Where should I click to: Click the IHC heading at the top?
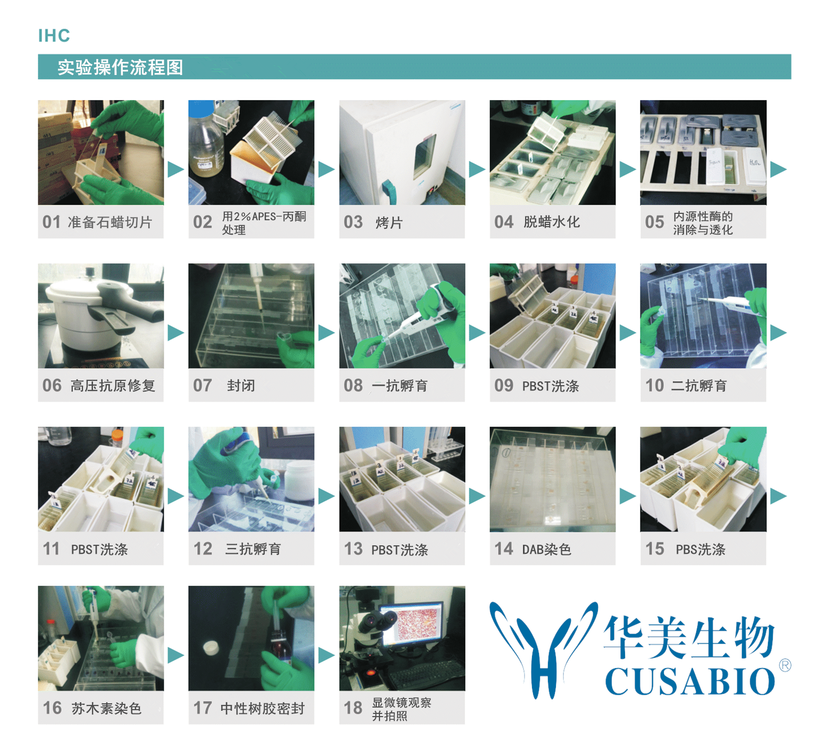point(54,36)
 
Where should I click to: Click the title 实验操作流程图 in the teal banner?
point(120,67)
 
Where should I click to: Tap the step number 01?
point(52,222)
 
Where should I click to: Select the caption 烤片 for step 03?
point(389,222)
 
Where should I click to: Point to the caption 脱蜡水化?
point(552,222)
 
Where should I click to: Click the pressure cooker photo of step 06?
point(101,316)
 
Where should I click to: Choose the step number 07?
point(202,385)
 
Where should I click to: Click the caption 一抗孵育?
point(400,386)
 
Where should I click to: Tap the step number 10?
point(654,385)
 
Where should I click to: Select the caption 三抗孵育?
point(253,549)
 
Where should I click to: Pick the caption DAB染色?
point(547,549)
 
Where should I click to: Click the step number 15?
point(654,548)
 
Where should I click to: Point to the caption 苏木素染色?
point(106,708)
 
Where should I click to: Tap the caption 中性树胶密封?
point(263,708)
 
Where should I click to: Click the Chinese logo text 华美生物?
point(689,637)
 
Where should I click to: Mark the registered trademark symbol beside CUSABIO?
point(785,665)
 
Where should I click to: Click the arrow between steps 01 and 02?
point(176,170)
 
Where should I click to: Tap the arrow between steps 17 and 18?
point(326,655)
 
